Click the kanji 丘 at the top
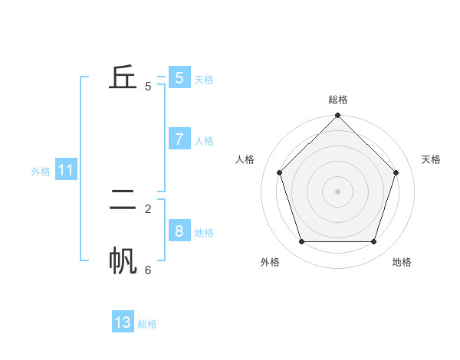coord(123,77)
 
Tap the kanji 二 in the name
coord(123,200)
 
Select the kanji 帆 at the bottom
coord(123,261)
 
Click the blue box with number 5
coord(179,77)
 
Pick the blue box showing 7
coord(179,139)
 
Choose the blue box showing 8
coord(179,231)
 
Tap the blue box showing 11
coord(66,170)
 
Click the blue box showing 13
coord(123,322)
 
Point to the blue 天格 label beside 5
coord(204,80)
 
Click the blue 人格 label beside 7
coord(204,141)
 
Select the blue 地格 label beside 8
coord(204,233)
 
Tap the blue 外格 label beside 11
coord(41,172)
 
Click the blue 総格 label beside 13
coord(147,324)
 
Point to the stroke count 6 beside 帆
coord(148,270)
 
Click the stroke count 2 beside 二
coord(148,208)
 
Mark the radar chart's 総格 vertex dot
coord(338,116)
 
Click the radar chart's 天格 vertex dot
coord(396,172)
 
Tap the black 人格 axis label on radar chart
coord(245,159)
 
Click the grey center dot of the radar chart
coord(338,191)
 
